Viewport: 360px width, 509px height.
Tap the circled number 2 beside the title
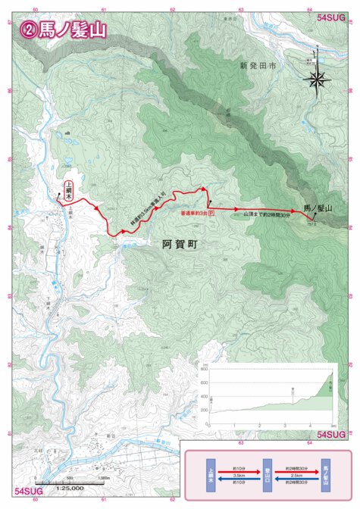click(x=30, y=30)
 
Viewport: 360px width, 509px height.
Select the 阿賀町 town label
click(x=179, y=245)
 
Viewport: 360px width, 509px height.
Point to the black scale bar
click(x=68, y=482)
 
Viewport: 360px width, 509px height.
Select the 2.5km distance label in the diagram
click(x=296, y=474)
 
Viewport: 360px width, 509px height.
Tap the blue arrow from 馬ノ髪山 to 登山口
click(x=296, y=480)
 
